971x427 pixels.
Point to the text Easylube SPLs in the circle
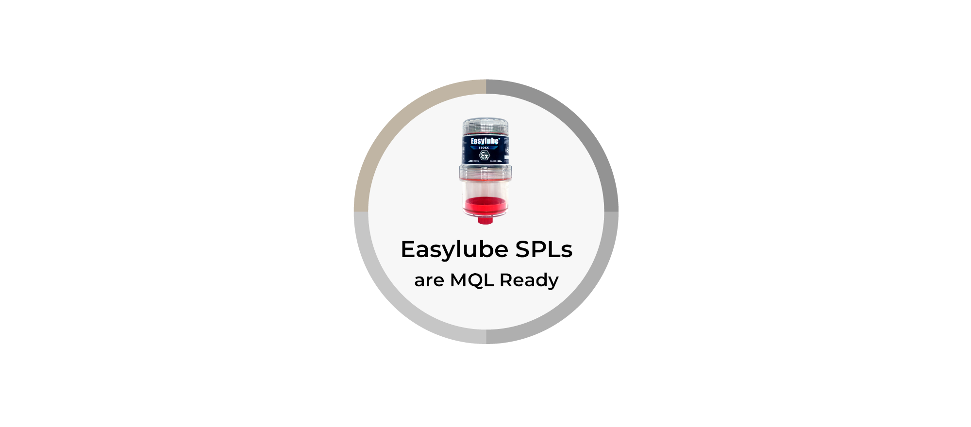486,249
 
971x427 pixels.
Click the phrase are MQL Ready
486,280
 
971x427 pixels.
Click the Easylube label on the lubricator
485,141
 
